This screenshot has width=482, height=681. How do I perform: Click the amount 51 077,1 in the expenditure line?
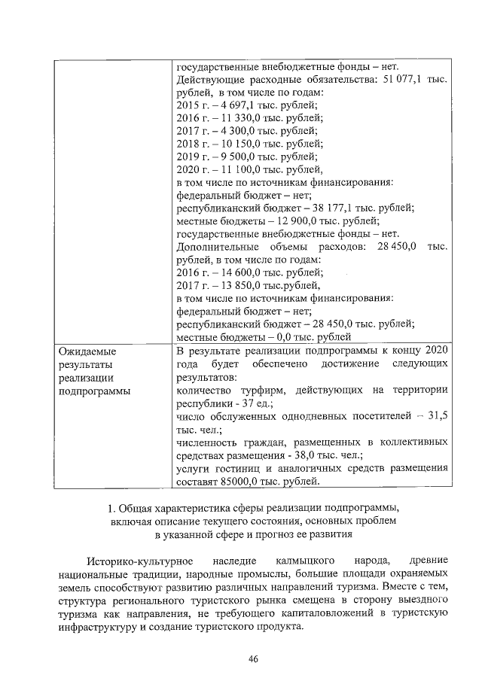click(401, 79)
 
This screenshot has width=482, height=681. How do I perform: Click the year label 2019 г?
click(191, 156)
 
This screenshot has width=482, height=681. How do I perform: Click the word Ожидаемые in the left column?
click(89, 351)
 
